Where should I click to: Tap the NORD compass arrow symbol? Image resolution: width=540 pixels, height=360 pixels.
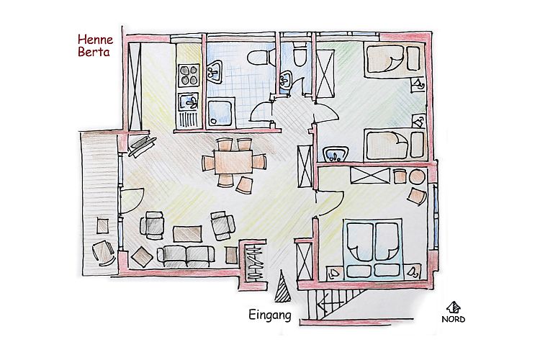coord(454,307)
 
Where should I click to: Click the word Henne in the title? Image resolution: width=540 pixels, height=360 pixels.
coord(95,40)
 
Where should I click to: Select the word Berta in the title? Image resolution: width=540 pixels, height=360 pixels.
coord(94,52)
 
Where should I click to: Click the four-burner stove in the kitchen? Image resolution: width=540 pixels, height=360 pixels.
coord(189,75)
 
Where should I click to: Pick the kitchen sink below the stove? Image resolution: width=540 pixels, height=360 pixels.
coord(189,102)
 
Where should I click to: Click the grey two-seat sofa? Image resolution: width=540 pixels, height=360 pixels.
coord(186,256)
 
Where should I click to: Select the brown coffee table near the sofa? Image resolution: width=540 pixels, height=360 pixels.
coord(187,234)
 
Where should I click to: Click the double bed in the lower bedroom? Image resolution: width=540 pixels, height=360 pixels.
coord(374,248)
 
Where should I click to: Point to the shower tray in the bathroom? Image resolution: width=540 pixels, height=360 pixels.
coord(221,112)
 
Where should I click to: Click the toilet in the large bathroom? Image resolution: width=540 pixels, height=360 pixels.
coord(260,58)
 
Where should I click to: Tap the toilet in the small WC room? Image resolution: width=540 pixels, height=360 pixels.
coord(300,55)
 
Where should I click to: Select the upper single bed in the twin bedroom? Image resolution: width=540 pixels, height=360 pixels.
coord(392,59)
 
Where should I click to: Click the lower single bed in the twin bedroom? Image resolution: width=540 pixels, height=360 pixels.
coord(394,145)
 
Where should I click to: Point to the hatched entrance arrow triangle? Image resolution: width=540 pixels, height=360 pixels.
coord(283,287)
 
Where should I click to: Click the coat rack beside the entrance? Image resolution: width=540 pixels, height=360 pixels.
coord(255,262)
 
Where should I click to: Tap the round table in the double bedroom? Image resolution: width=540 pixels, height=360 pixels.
coord(418,176)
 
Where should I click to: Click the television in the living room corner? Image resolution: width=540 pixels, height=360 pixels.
coord(141,146)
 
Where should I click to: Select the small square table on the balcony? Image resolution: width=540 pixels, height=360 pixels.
coord(102,227)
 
